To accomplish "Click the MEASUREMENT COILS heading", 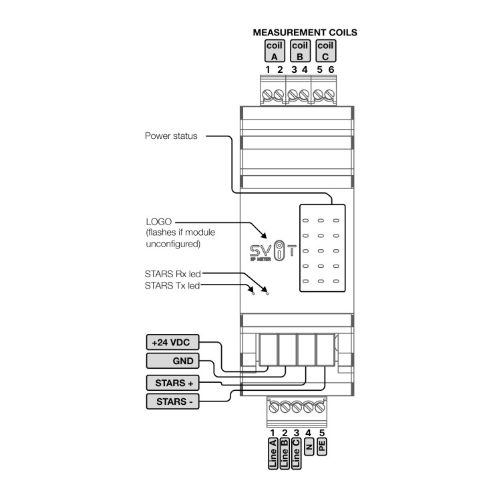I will (x=304, y=31).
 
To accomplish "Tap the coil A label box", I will (x=274, y=51).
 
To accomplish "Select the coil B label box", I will (x=299, y=51).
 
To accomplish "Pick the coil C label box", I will (x=325, y=51).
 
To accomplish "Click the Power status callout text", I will (x=171, y=136).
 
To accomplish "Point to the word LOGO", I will (x=158, y=221).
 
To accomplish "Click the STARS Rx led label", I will (x=172, y=274).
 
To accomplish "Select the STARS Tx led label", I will (x=172, y=285).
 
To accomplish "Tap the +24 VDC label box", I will (x=172, y=342).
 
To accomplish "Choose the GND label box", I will (x=172, y=361).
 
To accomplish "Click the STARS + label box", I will (x=172, y=383).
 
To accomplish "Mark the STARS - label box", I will (x=172, y=401).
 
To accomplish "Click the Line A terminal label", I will (x=273, y=454).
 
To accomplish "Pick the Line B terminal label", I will (x=285, y=454).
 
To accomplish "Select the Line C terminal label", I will (x=296, y=454).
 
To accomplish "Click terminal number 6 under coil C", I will (x=330, y=69).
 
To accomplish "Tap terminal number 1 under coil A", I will (x=267, y=69).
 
